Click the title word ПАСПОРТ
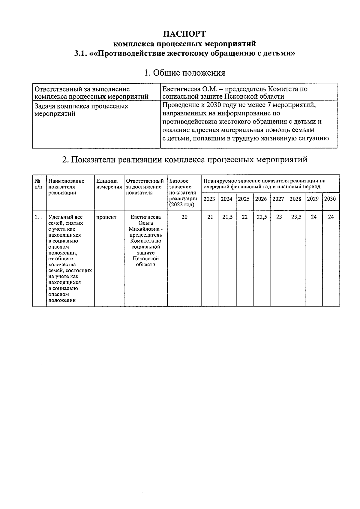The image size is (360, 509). (x=184, y=33)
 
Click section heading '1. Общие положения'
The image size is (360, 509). (x=184, y=73)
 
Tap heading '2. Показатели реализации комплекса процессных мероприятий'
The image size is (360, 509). (x=184, y=160)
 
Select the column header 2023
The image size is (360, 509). (x=209, y=199)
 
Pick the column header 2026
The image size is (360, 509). (x=261, y=199)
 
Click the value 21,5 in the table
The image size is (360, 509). (x=227, y=217)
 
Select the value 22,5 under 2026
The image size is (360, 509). (x=262, y=217)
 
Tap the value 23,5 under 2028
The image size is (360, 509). (x=296, y=217)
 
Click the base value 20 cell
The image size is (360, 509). (x=184, y=217)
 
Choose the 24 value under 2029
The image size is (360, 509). (x=313, y=217)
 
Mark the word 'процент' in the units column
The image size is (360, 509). (x=106, y=217)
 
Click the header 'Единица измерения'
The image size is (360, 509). (x=109, y=184)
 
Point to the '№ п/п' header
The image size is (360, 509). (x=38, y=184)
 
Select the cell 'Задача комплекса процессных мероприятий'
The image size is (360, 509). (x=82, y=110)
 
